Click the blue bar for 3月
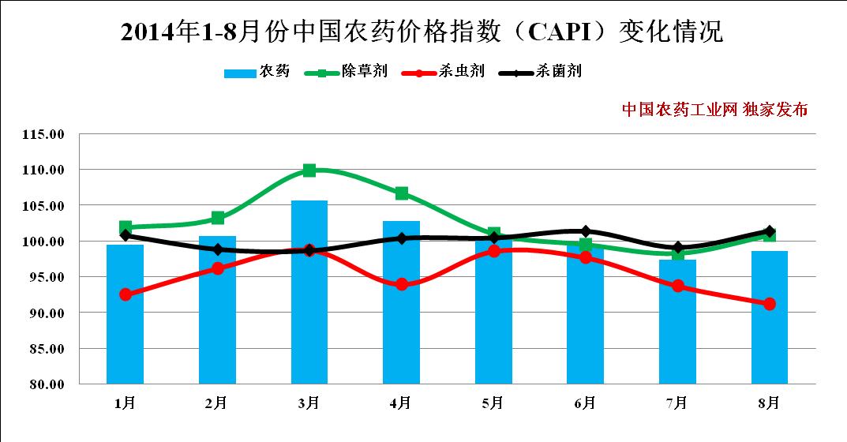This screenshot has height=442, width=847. [309, 292]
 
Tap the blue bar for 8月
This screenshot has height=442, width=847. [770, 317]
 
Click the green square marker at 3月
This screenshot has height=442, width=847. [309, 170]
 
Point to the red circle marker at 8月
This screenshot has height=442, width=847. [770, 304]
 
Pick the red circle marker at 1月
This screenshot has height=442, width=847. [125, 294]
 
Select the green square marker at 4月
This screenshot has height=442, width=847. [402, 193]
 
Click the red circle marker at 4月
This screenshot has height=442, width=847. [402, 284]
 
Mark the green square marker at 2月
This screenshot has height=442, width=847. [217, 218]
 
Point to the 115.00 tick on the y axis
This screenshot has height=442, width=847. [43, 134]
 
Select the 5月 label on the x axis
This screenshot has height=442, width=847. [493, 403]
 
